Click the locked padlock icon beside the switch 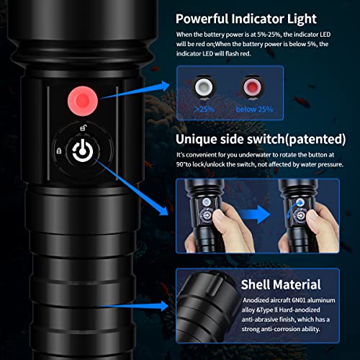[x=58, y=150]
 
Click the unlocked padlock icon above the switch [x=85, y=128]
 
